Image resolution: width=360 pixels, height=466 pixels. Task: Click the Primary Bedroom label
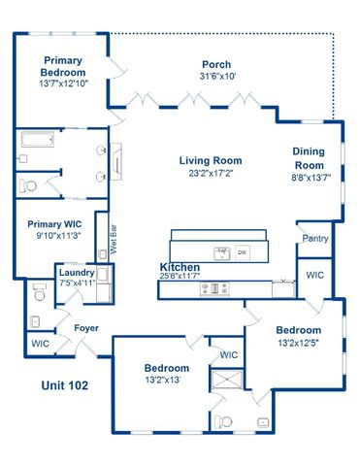point(61,66)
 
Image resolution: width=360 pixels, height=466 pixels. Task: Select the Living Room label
point(210,160)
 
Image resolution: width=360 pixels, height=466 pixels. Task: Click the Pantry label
point(314,238)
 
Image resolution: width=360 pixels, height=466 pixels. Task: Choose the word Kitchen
point(180,267)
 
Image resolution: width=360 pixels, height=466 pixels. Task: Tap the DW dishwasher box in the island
point(243,252)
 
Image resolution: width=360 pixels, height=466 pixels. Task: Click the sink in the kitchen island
point(221,253)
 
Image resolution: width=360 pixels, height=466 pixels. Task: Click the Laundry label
point(76,273)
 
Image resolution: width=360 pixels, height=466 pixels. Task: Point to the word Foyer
point(86,328)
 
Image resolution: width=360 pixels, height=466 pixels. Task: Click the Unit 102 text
point(64,385)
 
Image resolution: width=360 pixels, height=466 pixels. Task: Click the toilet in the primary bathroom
point(29,184)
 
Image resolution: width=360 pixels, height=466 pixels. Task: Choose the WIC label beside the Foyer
point(40,344)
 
